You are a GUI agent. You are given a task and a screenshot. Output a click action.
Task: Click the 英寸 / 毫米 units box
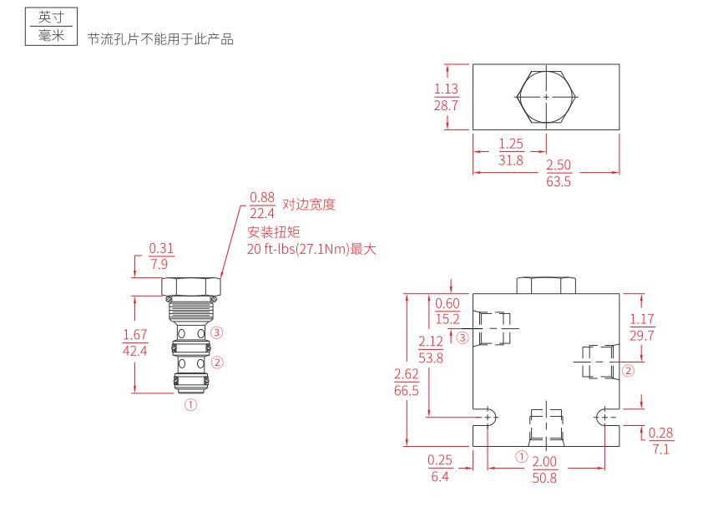point(52,27)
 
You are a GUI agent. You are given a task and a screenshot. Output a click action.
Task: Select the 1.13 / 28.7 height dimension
point(447,97)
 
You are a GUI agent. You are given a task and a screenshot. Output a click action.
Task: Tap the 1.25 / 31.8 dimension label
point(511,152)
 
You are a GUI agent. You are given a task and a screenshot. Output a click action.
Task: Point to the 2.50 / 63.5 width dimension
point(559,173)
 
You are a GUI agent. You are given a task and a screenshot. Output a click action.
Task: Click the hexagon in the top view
point(546,97)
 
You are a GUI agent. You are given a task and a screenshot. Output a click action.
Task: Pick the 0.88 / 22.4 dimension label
point(262,205)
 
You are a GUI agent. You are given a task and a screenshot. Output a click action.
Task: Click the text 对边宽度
point(309,205)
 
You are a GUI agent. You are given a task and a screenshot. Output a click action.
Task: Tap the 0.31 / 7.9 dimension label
point(161,256)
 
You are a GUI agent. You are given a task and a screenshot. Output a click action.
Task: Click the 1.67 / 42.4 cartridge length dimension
point(134,342)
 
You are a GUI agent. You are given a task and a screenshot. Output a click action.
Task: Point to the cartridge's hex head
point(191,286)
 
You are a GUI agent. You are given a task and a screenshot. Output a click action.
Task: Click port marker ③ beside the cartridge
point(217,332)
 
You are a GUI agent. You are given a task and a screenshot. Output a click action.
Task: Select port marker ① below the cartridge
point(190,405)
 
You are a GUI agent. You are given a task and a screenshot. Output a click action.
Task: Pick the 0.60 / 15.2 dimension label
point(447,311)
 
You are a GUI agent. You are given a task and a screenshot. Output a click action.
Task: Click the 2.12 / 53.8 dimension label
point(431,349)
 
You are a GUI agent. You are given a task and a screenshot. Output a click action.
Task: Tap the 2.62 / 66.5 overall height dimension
point(407,383)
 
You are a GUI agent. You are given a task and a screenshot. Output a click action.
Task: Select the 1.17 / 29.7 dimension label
point(642,327)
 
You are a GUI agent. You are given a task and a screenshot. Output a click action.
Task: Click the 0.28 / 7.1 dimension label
point(661,440)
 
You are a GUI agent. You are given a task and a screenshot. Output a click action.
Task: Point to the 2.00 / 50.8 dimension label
point(544,469)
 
